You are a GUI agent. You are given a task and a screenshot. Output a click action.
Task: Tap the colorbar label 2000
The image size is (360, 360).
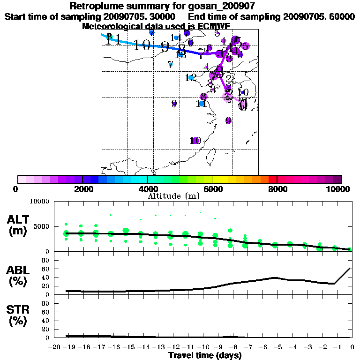click(82, 189)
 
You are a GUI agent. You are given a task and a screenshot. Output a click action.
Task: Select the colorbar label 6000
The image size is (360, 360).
click(212, 189)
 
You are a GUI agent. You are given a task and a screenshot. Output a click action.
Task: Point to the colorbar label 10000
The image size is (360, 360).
click(338, 189)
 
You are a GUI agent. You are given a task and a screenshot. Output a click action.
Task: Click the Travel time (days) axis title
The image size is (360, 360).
click(205, 355)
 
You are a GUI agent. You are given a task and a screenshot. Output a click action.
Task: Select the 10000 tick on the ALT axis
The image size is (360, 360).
click(40, 202)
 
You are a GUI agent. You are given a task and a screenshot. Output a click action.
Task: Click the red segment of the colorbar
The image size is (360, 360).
click(272, 179)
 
